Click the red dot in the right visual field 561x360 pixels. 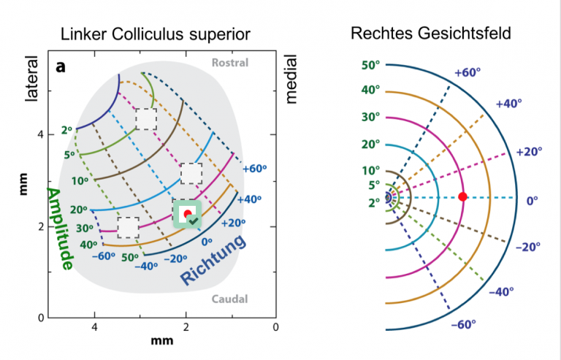pos(462,196)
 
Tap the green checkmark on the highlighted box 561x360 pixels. pos(194,221)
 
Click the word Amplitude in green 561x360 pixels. pos(60,229)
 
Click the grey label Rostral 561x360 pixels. pos(229,63)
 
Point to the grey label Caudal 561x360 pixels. pos(229,299)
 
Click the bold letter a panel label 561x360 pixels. pos(61,67)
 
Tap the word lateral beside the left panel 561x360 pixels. pos(31,79)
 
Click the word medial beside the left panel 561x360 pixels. pos(291,79)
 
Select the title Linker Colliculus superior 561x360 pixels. pos(156,34)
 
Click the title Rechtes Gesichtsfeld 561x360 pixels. pos(431,34)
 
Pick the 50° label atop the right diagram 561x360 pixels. pos(370,66)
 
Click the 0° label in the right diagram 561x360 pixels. pos(532,201)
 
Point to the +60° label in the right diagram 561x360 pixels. pos(467,72)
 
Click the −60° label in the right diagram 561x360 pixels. pos(463,325)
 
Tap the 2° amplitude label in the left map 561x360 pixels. pos(67,131)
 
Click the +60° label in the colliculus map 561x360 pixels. pos(254,169)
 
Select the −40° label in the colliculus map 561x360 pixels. pos(146,267)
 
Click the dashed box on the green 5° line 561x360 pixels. pos(146,119)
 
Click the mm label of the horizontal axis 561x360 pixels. pos(161,340)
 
